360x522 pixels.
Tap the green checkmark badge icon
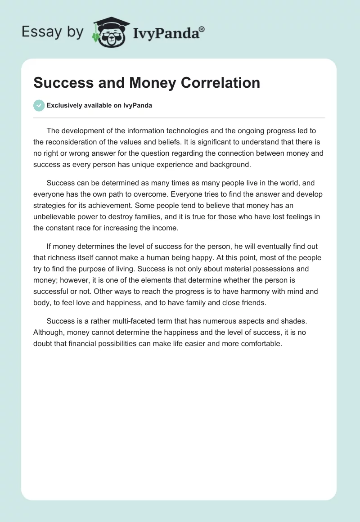(39, 105)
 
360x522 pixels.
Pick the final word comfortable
(260, 344)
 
